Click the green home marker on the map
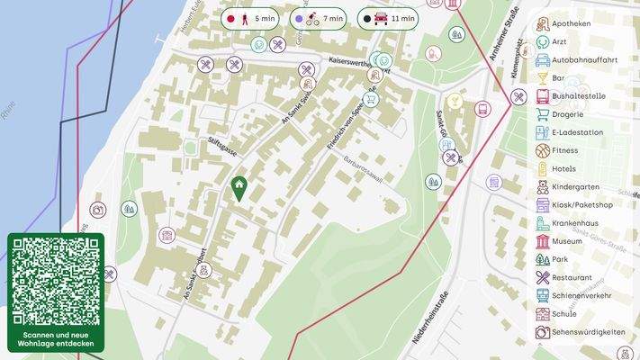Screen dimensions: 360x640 (239, 188)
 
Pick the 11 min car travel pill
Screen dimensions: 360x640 (388, 18)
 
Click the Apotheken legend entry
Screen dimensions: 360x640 (571, 23)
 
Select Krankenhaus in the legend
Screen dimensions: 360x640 (575, 223)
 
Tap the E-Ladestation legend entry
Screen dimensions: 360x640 (577, 132)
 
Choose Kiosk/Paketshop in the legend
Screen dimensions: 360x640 (581, 205)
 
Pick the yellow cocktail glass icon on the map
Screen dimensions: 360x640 (454, 100)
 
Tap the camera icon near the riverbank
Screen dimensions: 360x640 (98, 210)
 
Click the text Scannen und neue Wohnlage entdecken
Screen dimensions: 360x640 (56, 340)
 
